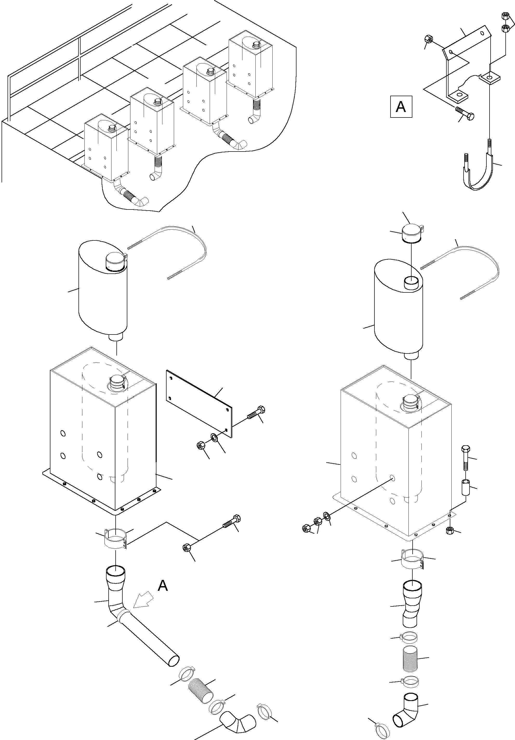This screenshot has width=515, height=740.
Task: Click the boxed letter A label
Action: [401, 106]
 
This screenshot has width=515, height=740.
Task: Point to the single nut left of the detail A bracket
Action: [428, 40]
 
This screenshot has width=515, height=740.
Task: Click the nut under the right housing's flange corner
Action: [450, 530]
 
